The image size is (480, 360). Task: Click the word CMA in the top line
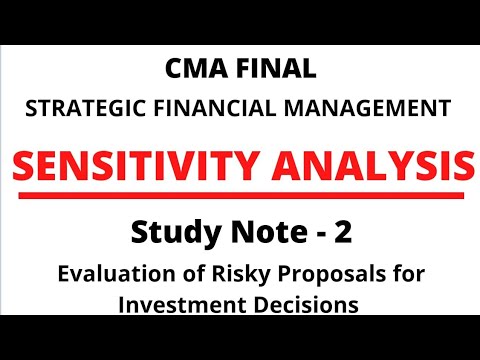(194, 70)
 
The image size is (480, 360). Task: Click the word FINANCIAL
(206, 104)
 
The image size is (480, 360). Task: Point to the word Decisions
(308, 304)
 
